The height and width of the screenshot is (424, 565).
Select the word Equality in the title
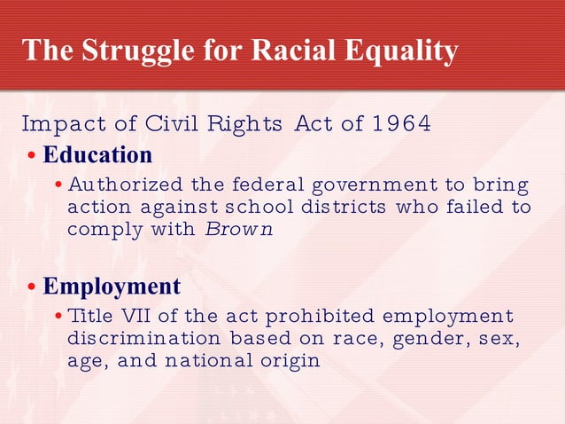pyautogui.click(x=402, y=51)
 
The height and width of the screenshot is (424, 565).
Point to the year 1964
pyautogui.click(x=401, y=122)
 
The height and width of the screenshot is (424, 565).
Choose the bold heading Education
pyautogui.click(x=97, y=155)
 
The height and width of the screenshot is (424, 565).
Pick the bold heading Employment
pyautogui.click(x=112, y=287)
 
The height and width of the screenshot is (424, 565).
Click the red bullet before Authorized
pyautogui.click(x=58, y=186)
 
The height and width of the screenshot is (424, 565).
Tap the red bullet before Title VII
pyautogui.click(x=58, y=318)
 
